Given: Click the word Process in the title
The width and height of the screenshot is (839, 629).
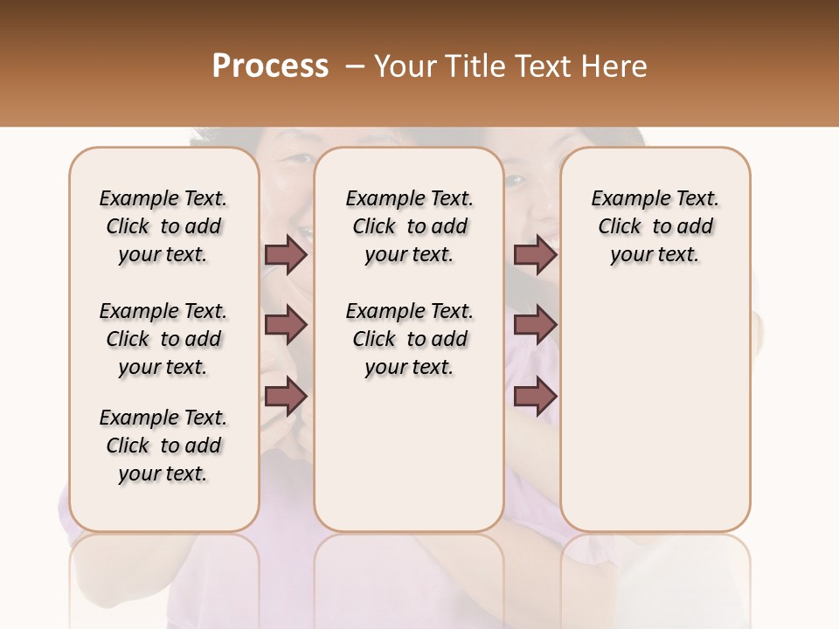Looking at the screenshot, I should click(x=270, y=66).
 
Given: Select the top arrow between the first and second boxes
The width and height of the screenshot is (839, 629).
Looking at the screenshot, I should click(x=286, y=254).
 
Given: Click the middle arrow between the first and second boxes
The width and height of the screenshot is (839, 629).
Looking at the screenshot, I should click(x=286, y=326).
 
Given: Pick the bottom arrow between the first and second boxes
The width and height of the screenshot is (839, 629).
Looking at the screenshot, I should click(x=286, y=397).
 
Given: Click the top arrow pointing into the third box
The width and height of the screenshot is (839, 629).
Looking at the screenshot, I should click(x=535, y=254).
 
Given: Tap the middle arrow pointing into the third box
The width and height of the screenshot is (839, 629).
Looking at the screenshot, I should click(x=535, y=326).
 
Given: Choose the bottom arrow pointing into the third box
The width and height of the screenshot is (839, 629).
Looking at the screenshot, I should click(x=535, y=397).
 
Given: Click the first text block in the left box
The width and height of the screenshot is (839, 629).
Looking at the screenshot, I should click(x=163, y=226).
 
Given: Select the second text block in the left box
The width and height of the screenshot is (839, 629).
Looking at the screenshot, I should click(x=163, y=339).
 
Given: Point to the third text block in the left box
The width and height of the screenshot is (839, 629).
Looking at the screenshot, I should click(x=163, y=446).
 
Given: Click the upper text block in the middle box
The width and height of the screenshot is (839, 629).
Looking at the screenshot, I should click(x=409, y=226).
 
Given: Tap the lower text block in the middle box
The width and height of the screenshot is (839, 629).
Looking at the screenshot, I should click(x=409, y=339).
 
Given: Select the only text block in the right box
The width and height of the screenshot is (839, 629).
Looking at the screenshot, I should click(x=655, y=226).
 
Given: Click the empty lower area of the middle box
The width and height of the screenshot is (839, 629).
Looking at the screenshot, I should click(x=409, y=454).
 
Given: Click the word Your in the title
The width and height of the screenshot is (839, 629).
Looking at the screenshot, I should click(x=406, y=66).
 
